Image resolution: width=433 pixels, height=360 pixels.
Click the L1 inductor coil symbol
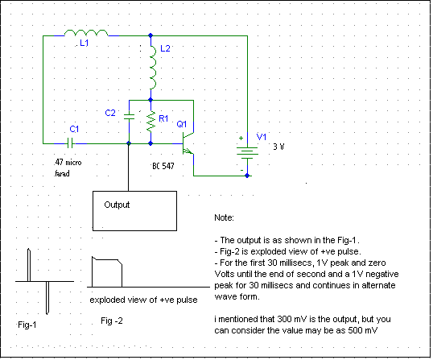[x=86, y=32]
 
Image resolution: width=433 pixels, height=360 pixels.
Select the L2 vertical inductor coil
[x=153, y=68]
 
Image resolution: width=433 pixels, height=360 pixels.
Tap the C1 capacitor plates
[x=70, y=143]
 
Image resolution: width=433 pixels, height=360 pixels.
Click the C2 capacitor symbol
[x=129, y=117]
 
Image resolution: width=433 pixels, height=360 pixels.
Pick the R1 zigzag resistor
[x=151, y=122]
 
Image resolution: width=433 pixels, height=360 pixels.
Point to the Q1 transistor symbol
[x=188, y=143]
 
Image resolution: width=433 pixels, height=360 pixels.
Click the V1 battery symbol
[x=247, y=153]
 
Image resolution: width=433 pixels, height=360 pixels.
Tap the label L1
[x=84, y=43]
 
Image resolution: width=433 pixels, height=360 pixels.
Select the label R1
[x=163, y=119]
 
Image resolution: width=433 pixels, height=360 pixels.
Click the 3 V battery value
[x=278, y=147]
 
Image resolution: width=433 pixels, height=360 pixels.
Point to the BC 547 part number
[x=163, y=166]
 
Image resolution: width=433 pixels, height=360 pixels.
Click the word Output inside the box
[x=117, y=205]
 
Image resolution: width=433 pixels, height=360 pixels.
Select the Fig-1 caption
[x=27, y=325]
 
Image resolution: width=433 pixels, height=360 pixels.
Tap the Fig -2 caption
[x=112, y=321]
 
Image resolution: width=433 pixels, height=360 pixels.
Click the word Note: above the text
[x=224, y=217]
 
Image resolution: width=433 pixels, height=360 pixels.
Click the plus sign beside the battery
[x=241, y=138]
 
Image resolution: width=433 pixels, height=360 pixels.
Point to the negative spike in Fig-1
[x=47, y=298]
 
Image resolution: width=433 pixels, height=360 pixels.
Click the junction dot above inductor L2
[x=151, y=35]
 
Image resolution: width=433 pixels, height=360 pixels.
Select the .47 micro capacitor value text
[x=68, y=162]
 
